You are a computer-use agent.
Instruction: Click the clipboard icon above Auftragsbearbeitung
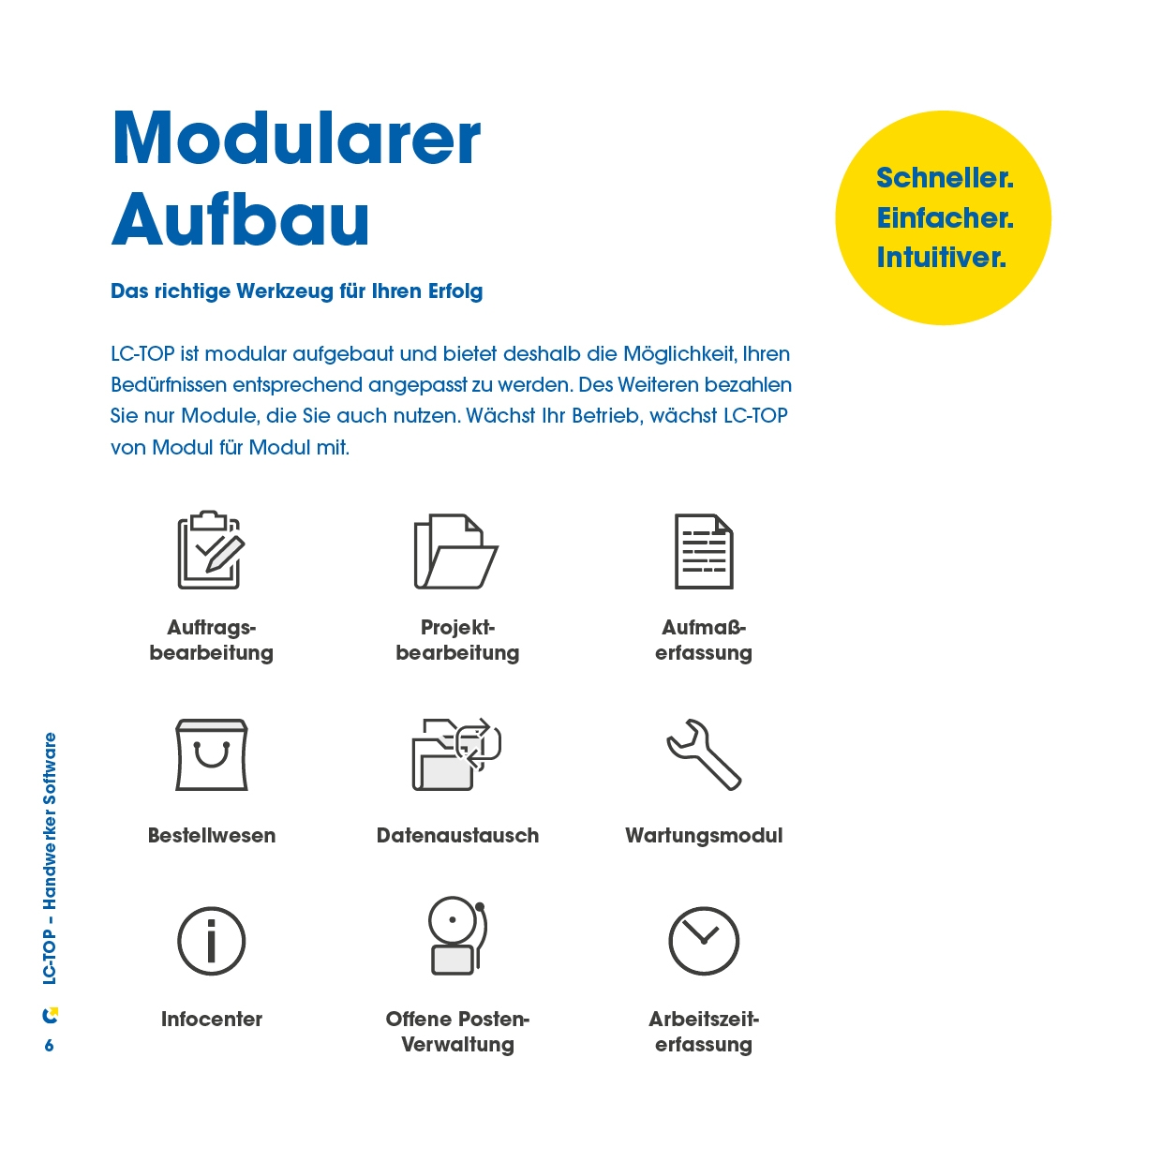point(211,550)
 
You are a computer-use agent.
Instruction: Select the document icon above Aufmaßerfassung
point(704,551)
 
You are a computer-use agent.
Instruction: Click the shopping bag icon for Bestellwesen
point(212,755)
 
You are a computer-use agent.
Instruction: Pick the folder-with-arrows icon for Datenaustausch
point(457,754)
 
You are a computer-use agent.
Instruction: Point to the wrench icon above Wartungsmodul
point(704,754)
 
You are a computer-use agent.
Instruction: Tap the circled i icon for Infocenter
point(212,941)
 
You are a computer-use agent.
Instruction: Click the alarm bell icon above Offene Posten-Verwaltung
point(457,936)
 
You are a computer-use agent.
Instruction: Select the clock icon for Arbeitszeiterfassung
point(704,941)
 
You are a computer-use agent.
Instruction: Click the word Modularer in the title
point(296,140)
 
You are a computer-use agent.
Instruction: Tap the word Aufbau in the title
point(241,220)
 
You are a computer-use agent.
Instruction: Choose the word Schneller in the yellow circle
point(945,178)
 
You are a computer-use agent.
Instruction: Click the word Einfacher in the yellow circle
point(945,218)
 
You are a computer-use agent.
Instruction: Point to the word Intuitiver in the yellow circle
point(941,258)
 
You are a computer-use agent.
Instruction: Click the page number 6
point(50,1046)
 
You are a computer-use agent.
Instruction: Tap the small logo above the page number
point(51,1015)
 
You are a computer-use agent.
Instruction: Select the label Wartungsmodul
point(704,836)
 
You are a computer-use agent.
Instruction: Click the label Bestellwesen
point(212,836)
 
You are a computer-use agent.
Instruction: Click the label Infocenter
point(212,1020)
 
